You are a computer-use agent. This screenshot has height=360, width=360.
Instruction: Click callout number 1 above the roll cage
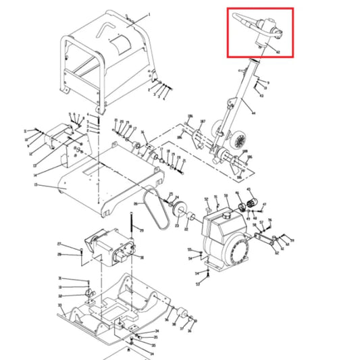coord(149,14)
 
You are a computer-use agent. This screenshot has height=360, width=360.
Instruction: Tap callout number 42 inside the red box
coord(278,51)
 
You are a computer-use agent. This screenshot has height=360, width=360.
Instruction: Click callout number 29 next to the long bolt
coord(143,231)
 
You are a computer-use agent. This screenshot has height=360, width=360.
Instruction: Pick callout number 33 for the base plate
coord(60,305)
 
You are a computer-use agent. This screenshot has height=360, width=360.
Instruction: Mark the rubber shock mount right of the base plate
coord(181,313)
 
